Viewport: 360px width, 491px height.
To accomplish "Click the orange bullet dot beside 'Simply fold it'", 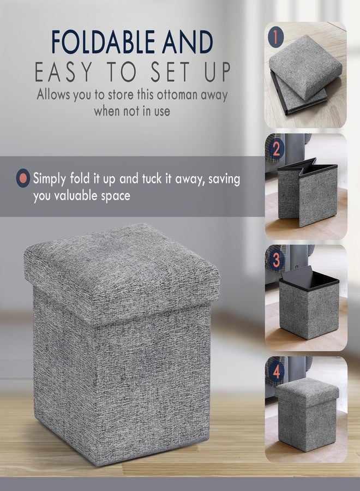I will point(23,178).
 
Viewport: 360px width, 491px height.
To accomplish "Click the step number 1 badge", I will point(276,38).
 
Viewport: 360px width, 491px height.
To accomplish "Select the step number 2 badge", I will point(276,148).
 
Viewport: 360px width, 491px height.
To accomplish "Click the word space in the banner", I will point(113,196).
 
